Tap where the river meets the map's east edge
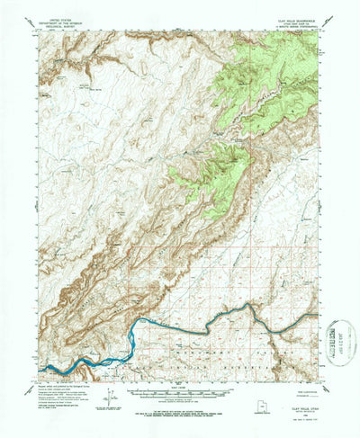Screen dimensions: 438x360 (x=317, y=315)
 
